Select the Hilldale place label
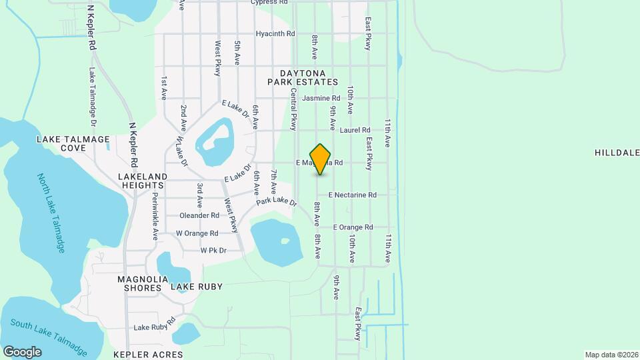(617, 153)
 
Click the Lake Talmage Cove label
(73, 143)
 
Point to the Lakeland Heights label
(143, 177)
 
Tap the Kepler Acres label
(148, 355)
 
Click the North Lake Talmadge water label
(52, 213)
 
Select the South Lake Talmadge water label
(49, 335)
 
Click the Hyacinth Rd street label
(275, 33)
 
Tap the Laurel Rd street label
(354, 130)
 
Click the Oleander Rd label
(199, 215)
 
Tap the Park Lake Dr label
(276, 201)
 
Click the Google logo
(22, 351)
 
